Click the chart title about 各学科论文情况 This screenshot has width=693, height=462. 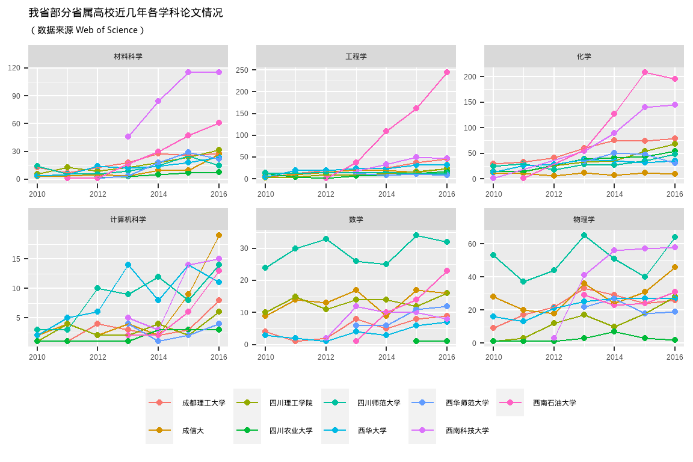pyautogui.click(x=126, y=13)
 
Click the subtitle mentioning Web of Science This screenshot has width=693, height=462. pyautogui.click(x=87, y=30)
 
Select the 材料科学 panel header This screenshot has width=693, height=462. pyautogui.click(x=128, y=57)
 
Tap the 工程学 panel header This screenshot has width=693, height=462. pyautogui.click(x=356, y=57)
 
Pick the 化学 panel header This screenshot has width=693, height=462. pyautogui.click(x=584, y=57)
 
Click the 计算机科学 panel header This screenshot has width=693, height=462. pyautogui.click(x=128, y=220)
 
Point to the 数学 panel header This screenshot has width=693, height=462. pyautogui.click(x=356, y=220)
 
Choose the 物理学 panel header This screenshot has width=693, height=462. pyautogui.click(x=584, y=220)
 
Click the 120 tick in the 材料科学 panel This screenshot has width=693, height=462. pyautogui.click(x=14, y=68)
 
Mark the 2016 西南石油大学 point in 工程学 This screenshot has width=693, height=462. pyautogui.click(x=447, y=72)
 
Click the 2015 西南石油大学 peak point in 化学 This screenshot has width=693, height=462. pyautogui.click(x=645, y=72)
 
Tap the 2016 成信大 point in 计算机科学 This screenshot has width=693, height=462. pyautogui.click(x=219, y=235)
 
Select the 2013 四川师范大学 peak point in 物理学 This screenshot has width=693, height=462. pyautogui.click(x=584, y=235)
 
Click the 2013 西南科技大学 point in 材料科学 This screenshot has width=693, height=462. pyautogui.click(x=128, y=137)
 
